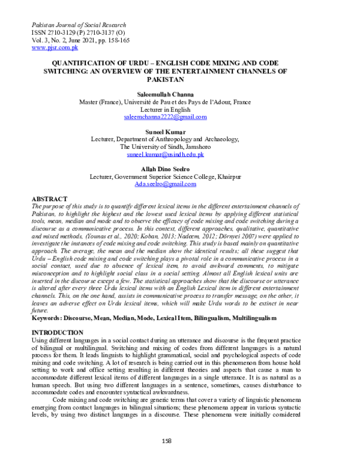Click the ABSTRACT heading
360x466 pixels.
tap(50, 199)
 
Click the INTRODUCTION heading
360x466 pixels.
tap(57, 332)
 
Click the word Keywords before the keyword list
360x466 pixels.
tap(48, 317)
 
